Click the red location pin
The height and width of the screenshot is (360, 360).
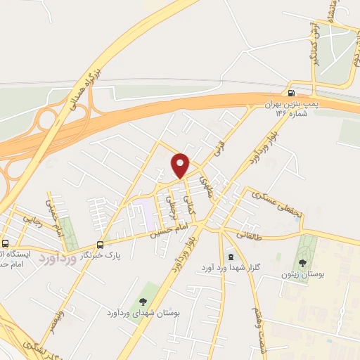[x=181, y=165]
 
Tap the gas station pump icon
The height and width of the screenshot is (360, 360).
[x=291, y=92]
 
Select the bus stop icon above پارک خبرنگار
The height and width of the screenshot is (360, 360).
[x=101, y=245]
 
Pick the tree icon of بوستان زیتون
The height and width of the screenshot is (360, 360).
[x=303, y=262]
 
